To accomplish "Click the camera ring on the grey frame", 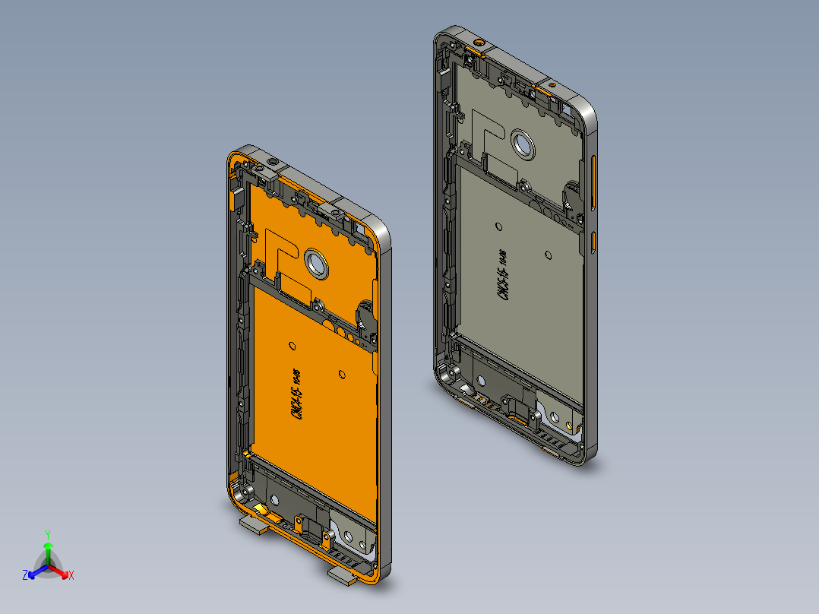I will tap(523, 144).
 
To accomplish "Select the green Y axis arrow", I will tap(47, 546).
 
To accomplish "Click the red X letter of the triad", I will tap(71, 576).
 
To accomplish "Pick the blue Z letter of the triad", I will tap(25, 576).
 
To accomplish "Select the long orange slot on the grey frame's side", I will tap(593, 182).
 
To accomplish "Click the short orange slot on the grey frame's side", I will tap(593, 242).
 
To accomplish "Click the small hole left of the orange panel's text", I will tap(292, 345).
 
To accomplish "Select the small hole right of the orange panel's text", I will tap(342, 373).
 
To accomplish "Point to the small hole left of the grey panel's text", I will tap(498, 226).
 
